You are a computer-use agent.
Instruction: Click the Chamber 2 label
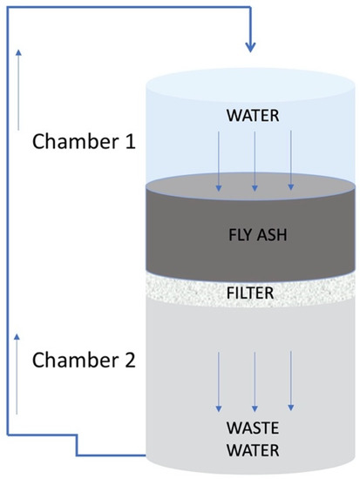pos(84,359)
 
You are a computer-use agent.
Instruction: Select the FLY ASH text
pos(253,233)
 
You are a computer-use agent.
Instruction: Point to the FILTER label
pos(253,293)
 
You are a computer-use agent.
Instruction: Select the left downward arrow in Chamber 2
pos(218,379)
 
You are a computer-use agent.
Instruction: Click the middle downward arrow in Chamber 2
pos(254,379)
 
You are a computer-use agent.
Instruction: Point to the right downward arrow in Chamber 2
pos(290,379)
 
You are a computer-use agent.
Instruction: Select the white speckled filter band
pos(253,283)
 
